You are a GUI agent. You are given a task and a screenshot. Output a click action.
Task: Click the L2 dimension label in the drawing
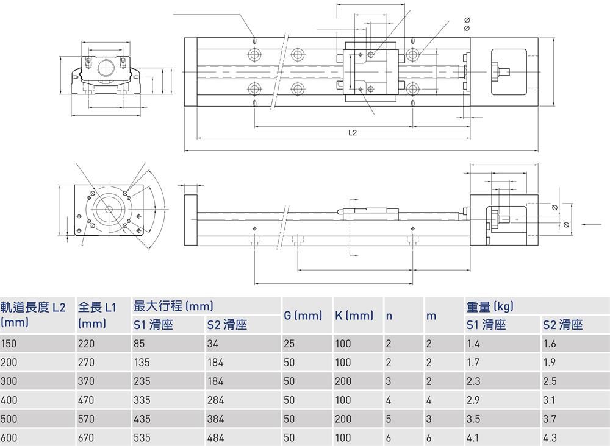pyautogui.click(x=352, y=132)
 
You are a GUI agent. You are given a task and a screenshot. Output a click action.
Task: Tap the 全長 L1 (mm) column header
pyautogui.click(x=97, y=314)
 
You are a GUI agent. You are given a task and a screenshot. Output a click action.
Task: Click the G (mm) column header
pyautogui.click(x=303, y=316)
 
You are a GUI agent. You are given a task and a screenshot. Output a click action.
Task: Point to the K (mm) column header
pyautogui.click(x=354, y=316)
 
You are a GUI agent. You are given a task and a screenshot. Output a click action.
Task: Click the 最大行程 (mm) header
pyautogui.click(x=173, y=306)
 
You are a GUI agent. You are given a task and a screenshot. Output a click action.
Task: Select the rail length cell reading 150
pyautogui.click(x=9, y=344)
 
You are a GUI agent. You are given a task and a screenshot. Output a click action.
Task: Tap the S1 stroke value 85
pyautogui.click(x=139, y=344)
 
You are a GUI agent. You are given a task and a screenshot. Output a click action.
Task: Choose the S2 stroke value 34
pyautogui.click(x=213, y=344)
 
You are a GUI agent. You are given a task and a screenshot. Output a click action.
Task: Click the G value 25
pyautogui.click(x=289, y=344)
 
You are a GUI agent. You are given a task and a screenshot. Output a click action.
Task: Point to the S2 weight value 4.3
pyautogui.click(x=549, y=437)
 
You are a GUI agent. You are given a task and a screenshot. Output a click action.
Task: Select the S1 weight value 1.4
pyautogui.click(x=473, y=344)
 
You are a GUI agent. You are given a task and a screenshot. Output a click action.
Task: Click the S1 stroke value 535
pyautogui.click(x=142, y=437)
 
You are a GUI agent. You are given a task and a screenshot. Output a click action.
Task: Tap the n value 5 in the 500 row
pyautogui.click(x=389, y=419)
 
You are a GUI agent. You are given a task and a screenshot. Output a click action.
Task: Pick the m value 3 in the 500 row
pyautogui.click(x=429, y=419)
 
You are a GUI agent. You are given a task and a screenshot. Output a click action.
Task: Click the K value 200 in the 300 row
pyautogui.click(x=343, y=381)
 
